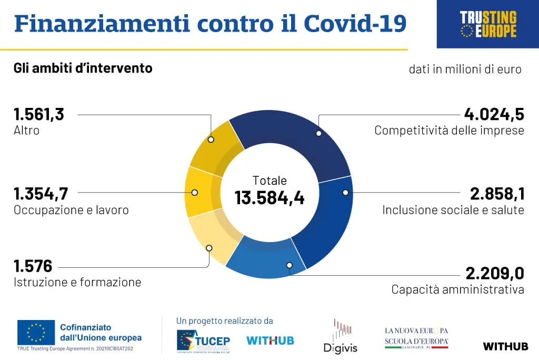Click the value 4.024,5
[x=494, y=114]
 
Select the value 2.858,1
[x=497, y=194]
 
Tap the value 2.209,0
[x=495, y=274]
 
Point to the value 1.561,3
[x=39, y=114]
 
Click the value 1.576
[x=33, y=266]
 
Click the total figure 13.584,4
[x=269, y=198]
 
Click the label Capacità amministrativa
[x=457, y=289]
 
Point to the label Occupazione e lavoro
[x=71, y=210]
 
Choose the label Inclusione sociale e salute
[x=453, y=210]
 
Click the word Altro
[x=26, y=130]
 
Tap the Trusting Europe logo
[x=488, y=24]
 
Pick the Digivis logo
[x=340, y=337]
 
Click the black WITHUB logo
[x=505, y=346]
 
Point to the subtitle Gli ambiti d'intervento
[x=83, y=68]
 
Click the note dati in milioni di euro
[x=465, y=69]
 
